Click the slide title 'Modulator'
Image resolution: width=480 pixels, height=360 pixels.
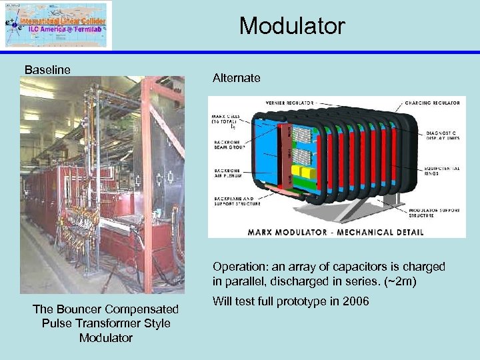[292, 26]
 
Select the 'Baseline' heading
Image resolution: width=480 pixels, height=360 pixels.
[47, 69]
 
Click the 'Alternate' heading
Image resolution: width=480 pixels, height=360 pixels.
[236, 78]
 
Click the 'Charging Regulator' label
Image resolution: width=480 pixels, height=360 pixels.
[432, 103]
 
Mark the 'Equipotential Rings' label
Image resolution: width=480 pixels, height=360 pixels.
[441, 171]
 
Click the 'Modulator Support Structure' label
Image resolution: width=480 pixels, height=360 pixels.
[441, 213]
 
